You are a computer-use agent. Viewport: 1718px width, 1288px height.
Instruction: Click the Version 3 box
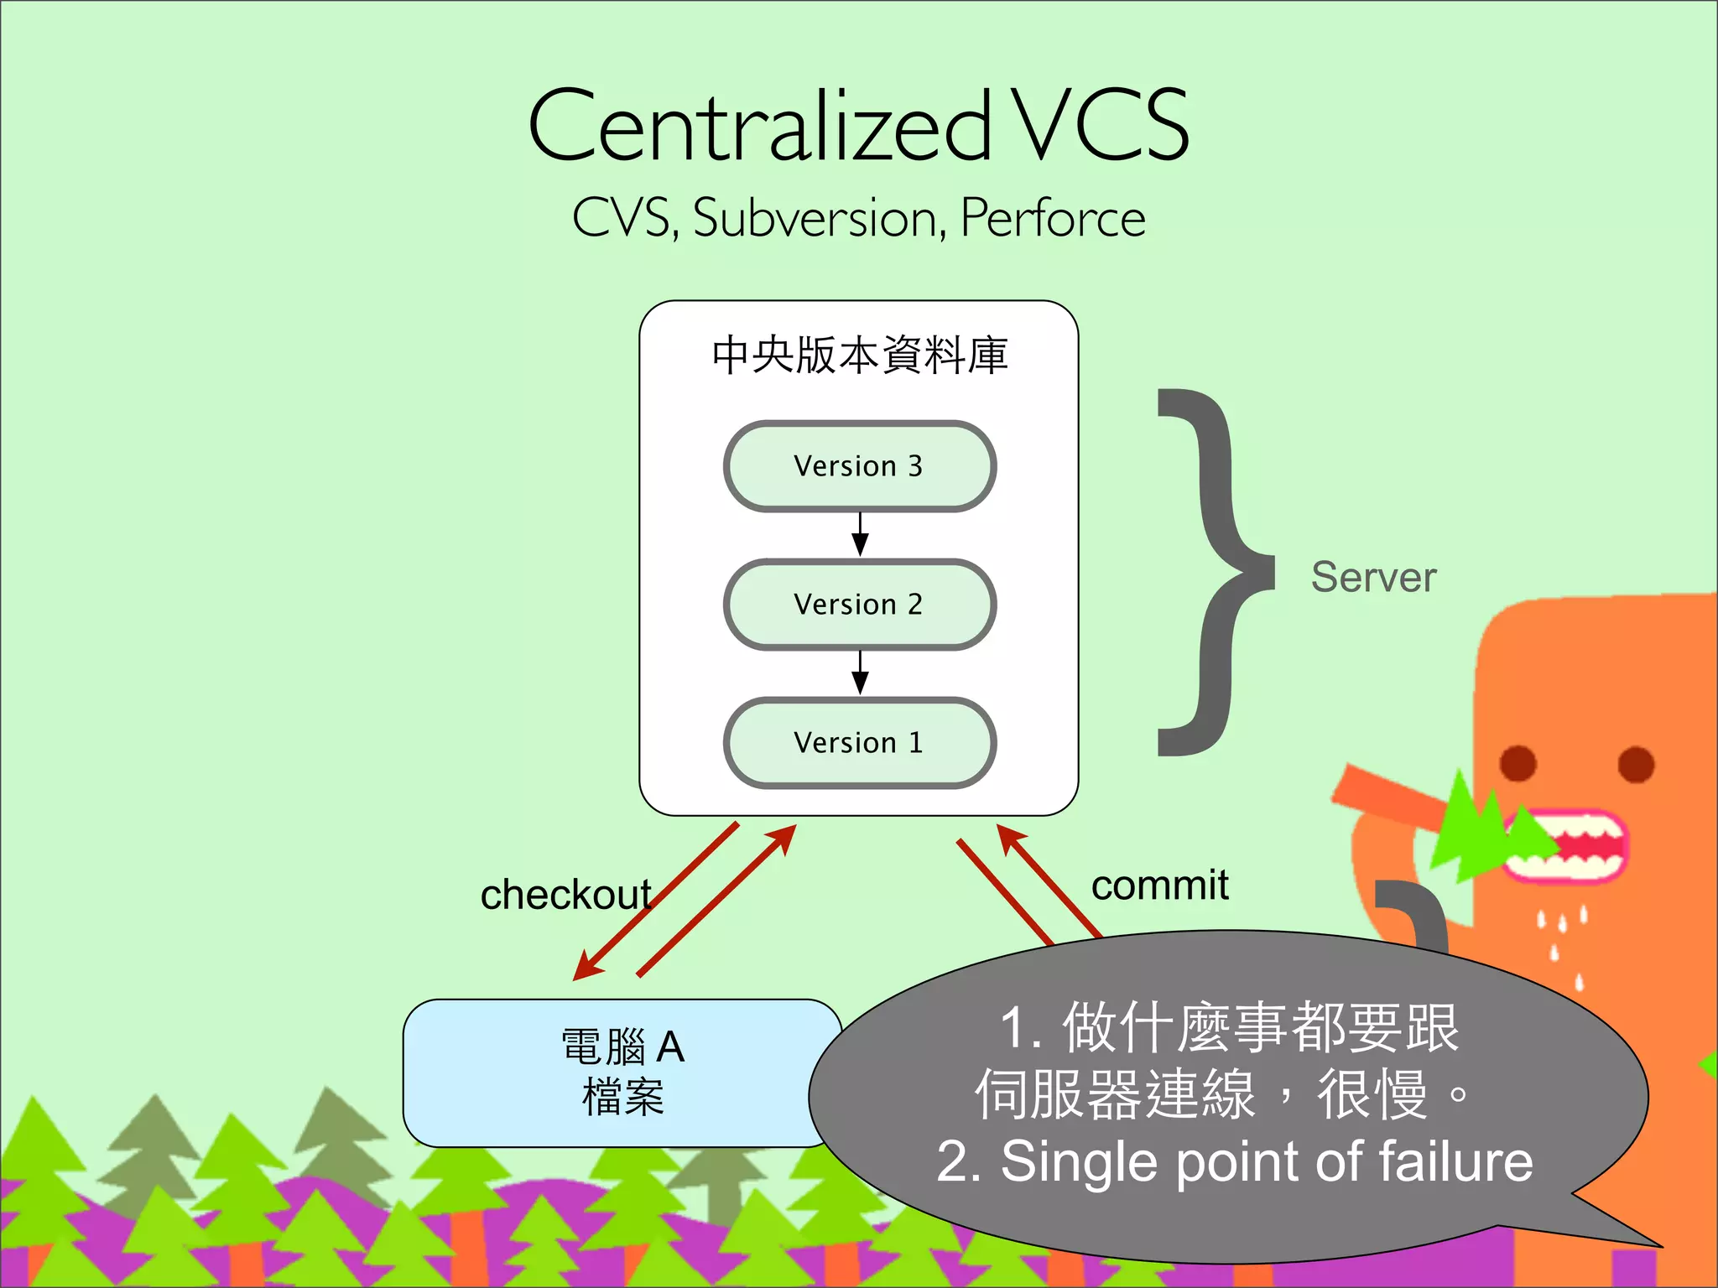860,466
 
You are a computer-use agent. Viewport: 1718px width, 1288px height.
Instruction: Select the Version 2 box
860,605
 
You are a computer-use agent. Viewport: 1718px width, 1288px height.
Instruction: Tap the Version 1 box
860,743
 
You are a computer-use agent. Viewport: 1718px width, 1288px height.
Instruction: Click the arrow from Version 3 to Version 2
860,534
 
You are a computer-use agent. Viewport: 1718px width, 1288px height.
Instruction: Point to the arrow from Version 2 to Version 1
860,673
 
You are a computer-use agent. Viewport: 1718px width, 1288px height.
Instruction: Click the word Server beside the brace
1373,577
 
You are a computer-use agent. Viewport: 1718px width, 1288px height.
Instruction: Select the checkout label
565,895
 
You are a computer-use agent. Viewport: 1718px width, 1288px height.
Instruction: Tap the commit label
1159,885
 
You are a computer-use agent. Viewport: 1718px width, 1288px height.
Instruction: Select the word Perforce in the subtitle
1053,219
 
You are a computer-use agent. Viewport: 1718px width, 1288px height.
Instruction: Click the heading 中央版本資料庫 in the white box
860,356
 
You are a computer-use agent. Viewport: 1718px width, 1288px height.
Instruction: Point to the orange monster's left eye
1518,763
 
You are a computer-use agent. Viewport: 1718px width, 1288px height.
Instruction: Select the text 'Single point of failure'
1267,1162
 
